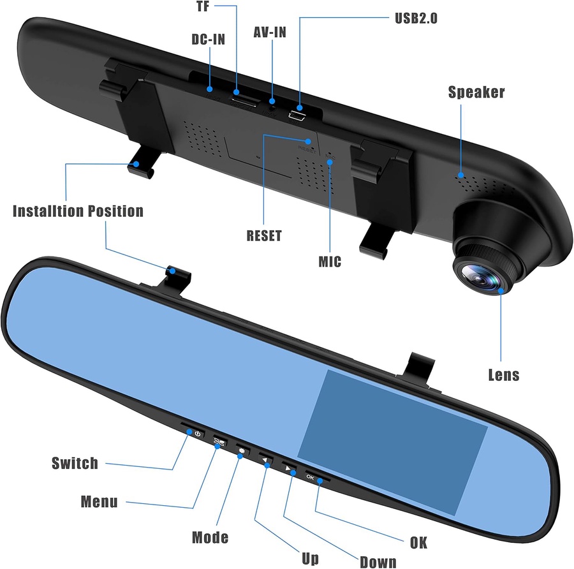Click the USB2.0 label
[x=416, y=18]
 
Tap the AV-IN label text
[x=270, y=33]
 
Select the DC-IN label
[x=209, y=40]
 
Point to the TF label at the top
[x=203, y=6]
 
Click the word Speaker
[x=476, y=92]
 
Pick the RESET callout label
[x=264, y=235]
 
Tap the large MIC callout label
[x=330, y=262]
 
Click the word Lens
[x=504, y=375]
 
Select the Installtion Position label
[x=78, y=211]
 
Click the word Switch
[x=75, y=463]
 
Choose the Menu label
[x=99, y=501]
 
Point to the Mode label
[x=210, y=537]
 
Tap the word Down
[x=378, y=562]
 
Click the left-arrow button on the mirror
[x=266, y=459]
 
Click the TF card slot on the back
[x=245, y=101]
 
